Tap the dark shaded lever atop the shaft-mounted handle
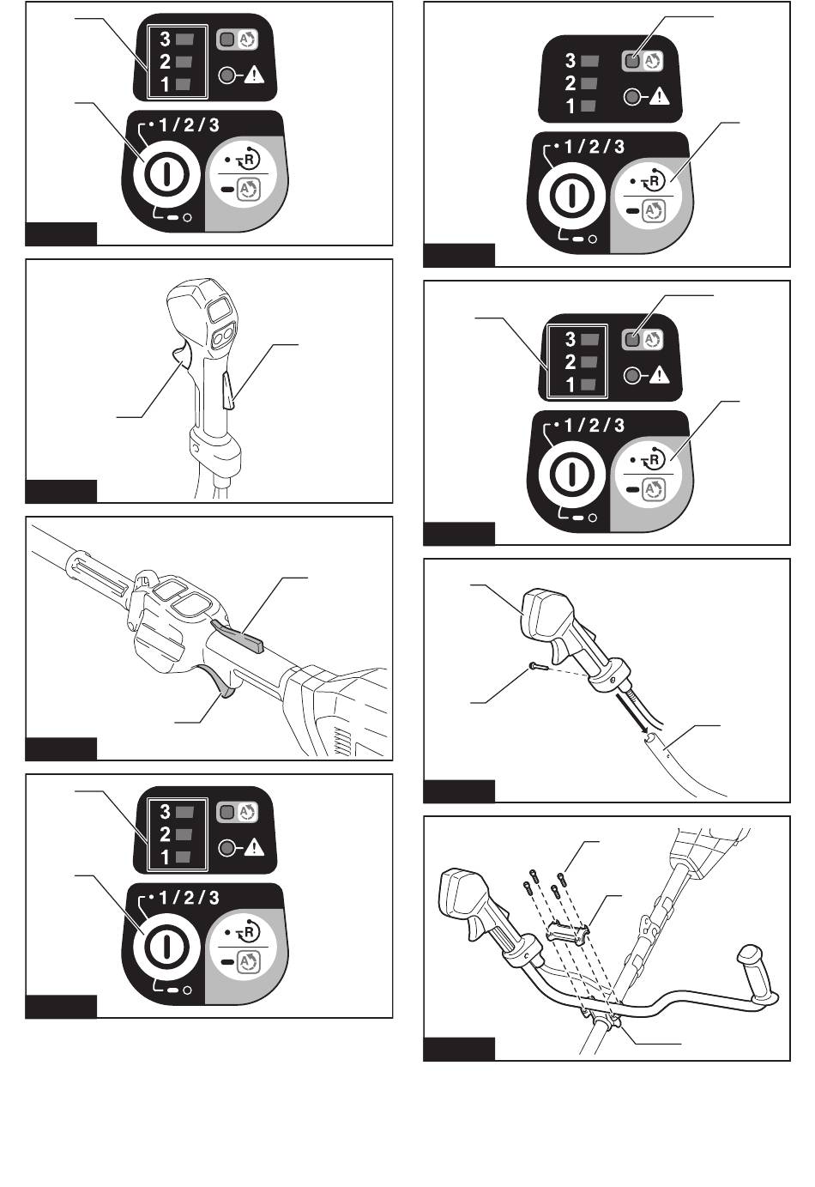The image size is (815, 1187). tap(238, 634)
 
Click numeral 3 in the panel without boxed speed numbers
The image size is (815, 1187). tap(570, 60)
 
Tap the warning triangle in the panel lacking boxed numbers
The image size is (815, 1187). tap(660, 96)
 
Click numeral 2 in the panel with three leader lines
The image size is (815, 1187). tap(570, 362)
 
